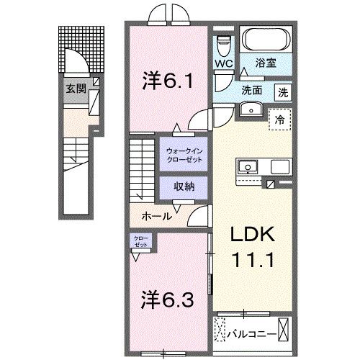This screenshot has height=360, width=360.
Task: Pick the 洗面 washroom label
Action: (x=251, y=91)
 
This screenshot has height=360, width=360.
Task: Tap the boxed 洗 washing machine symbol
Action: (x=285, y=91)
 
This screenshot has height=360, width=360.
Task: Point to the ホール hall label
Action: (x=156, y=215)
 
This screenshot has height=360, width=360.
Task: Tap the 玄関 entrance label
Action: (x=76, y=89)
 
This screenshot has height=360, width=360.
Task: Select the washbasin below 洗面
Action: (x=251, y=109)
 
